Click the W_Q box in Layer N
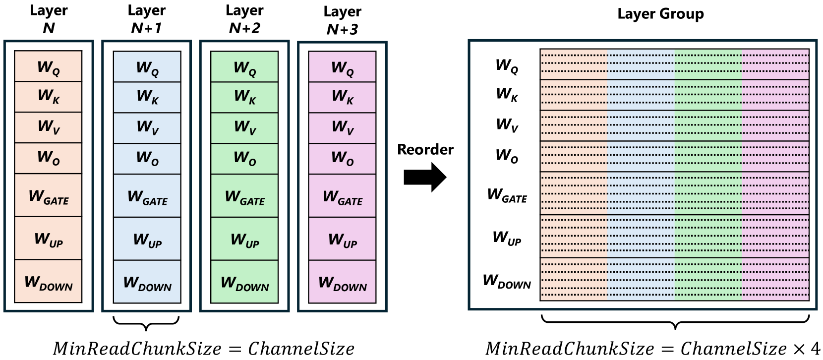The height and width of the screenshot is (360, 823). click(x=48, y=66)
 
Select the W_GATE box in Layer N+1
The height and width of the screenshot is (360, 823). click(x=147, y=196)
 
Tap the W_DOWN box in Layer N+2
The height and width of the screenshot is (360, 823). click(x=244, y=282)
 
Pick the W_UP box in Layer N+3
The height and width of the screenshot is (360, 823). click(x=342, y=239)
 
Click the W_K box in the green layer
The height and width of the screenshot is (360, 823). click(x=244, y=97)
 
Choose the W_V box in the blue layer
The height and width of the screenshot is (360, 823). click(x=147, y=128)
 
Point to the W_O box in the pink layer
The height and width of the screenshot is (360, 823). click(x=342, y=159)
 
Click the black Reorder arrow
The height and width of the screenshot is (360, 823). click(x=425, y=177)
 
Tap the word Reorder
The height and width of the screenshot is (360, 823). click(x=425, y=149)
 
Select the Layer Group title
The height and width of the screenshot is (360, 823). click(x=660, y=14)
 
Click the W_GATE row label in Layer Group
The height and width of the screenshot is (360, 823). click(x=507, y=195)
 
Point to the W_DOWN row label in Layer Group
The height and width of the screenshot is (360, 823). click(x=507, y=281)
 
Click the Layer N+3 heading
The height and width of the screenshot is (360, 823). click(x=342, y=20)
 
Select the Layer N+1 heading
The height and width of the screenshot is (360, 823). click(x=146, y=19)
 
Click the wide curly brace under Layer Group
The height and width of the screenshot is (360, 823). click(x=675, y=321)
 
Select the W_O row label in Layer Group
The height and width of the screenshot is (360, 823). click(x=507, y=156)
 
